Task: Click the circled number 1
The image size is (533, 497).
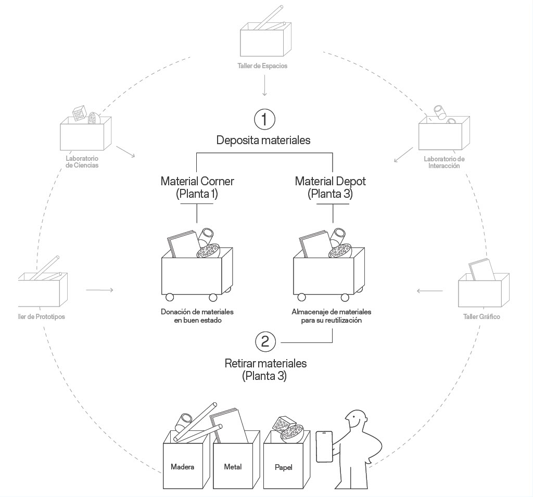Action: point(264,119)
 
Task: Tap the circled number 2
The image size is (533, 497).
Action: point(265,342)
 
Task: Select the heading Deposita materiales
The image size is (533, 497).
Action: point(263,140)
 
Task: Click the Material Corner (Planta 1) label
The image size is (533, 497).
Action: point(197,187)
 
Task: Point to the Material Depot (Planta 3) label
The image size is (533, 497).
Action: point(330,187)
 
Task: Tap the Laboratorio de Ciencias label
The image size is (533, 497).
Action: point(82,162)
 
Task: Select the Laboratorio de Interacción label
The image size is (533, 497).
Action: point(444,162)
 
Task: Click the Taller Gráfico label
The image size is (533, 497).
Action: point(481,316)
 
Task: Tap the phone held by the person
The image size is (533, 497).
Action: point(324,446)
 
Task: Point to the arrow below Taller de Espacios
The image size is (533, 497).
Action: point(265,85)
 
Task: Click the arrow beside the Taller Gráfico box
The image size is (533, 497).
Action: point(429,290)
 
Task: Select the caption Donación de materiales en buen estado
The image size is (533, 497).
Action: point(197,316)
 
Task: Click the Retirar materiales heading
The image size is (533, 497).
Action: point(265,369)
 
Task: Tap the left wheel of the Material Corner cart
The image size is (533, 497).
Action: point(170,298)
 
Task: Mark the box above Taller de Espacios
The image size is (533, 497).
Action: point(264,42)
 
